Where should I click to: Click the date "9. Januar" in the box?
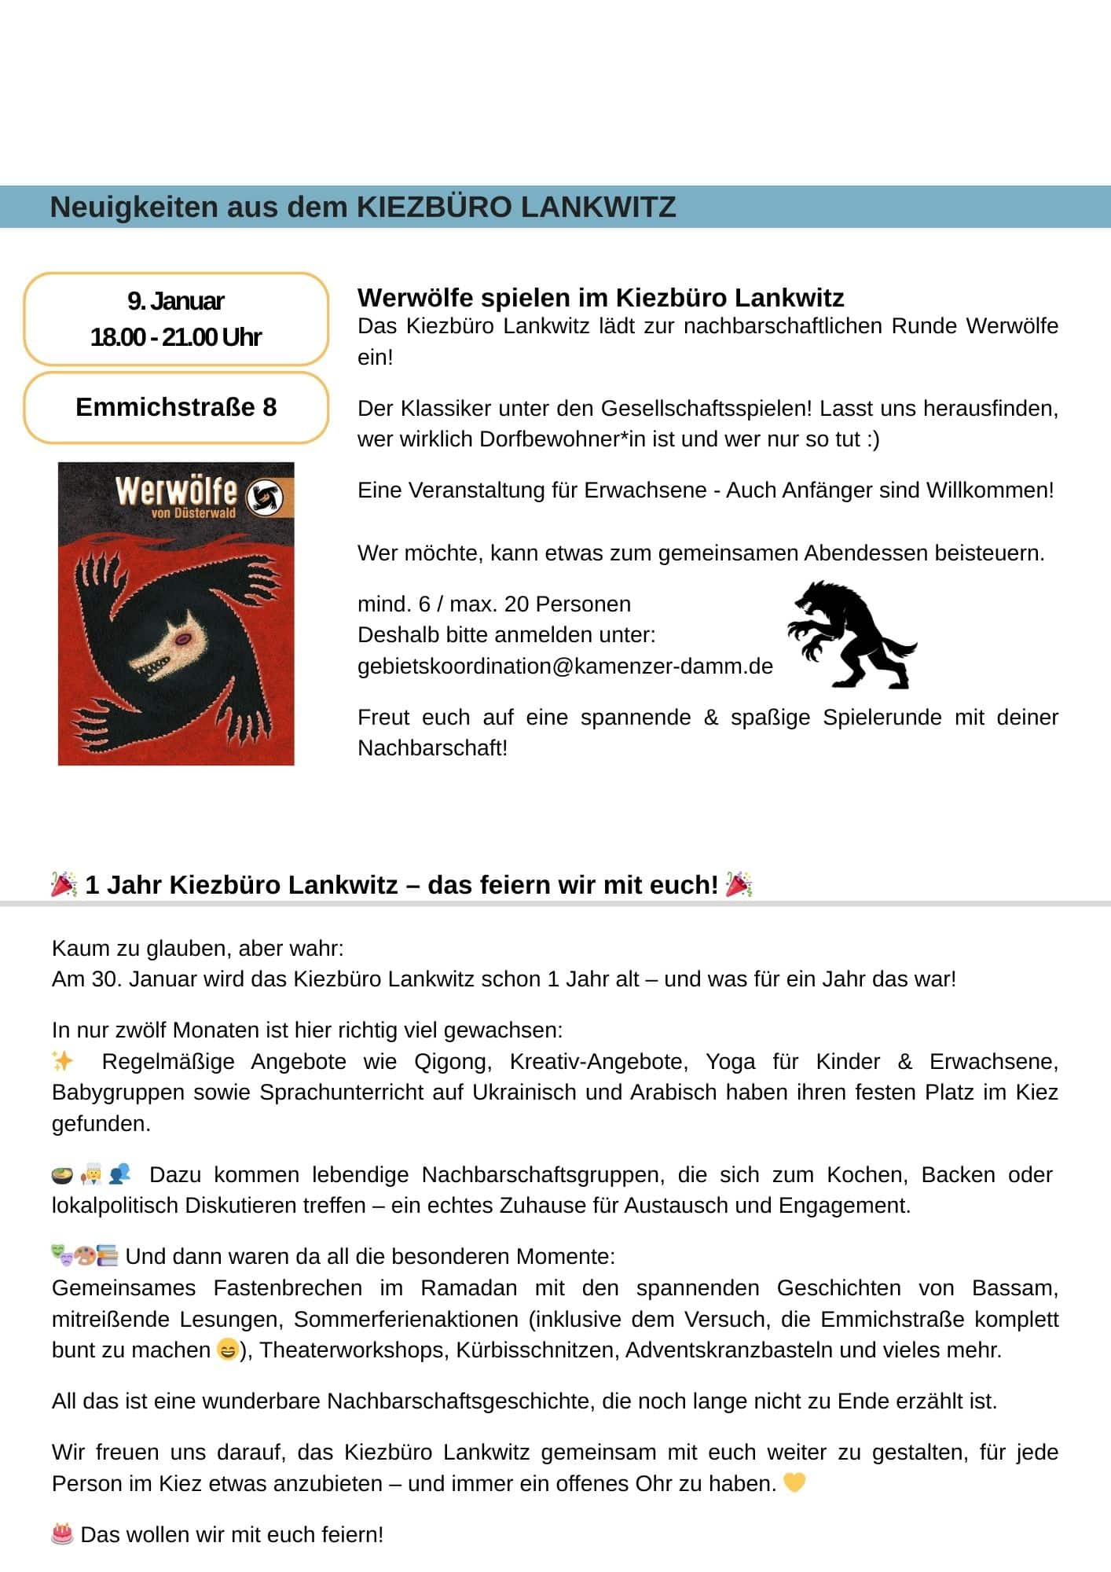(176, 301)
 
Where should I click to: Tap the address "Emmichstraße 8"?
(176, 407)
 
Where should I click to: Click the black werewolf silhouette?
(850, 635)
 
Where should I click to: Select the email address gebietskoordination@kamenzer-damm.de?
(565, 667)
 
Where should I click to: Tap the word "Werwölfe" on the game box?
(175, 491)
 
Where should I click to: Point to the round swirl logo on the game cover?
(264, 497)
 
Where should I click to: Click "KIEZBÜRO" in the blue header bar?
(434, 208)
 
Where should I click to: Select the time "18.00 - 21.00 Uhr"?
(176, 337)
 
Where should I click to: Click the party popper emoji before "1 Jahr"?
(64, 884)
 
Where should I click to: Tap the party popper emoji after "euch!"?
(739, 884)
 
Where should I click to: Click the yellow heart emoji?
(794, 1482)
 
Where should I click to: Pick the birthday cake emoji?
(62, 1533)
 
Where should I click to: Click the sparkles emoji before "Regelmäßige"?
(62, 1061)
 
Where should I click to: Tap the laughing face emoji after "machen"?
(227, 1350)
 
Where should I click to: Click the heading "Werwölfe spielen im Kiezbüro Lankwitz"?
(600, 298)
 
